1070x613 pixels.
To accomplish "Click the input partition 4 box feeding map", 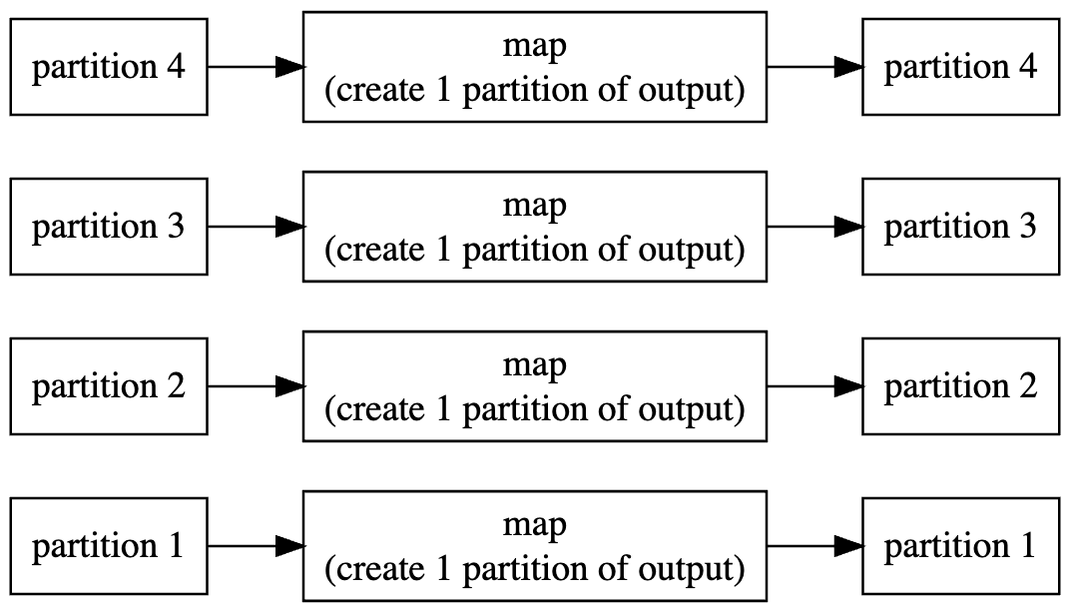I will [x=108, y=67].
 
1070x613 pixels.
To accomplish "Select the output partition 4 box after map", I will [x=960, y=67].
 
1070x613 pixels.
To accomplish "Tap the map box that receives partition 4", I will [x=534, y=67].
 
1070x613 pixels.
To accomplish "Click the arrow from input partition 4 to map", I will [x=256, y=67].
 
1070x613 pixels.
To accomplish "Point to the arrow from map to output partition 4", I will [x=814, y=67].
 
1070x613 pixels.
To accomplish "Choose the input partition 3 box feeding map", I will [x=108, y=227].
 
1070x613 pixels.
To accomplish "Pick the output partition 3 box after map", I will [x=960, y=227].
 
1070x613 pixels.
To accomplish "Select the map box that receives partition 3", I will [x=534, y=227].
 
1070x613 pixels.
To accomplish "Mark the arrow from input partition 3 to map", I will [x=256, y=227].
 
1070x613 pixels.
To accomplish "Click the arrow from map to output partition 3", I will [x=814, y=227].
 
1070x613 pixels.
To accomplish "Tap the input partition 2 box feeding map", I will [x=108, y=386].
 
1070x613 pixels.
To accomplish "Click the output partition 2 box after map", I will [x=960, y=386].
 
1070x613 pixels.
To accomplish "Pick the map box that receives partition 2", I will [x=534, y=386].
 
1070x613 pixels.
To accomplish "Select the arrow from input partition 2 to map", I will [x=256, y=386].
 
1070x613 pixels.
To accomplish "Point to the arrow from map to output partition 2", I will [x=814, y=386].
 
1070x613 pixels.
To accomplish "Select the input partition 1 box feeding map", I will [x=108, y=546].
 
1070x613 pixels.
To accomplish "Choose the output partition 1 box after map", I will [x=960, y=546].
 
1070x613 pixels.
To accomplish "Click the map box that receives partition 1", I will [x=534, y=546].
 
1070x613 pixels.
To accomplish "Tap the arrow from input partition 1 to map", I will [x=256, y=546].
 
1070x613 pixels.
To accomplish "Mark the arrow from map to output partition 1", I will [x=814, y=546].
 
